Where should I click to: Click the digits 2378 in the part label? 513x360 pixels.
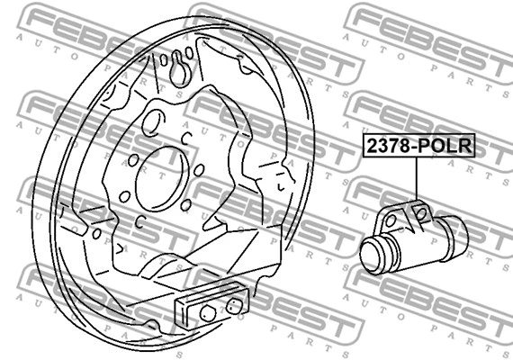386,147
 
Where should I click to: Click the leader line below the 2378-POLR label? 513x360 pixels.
418,180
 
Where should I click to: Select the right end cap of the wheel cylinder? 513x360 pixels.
458,236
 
